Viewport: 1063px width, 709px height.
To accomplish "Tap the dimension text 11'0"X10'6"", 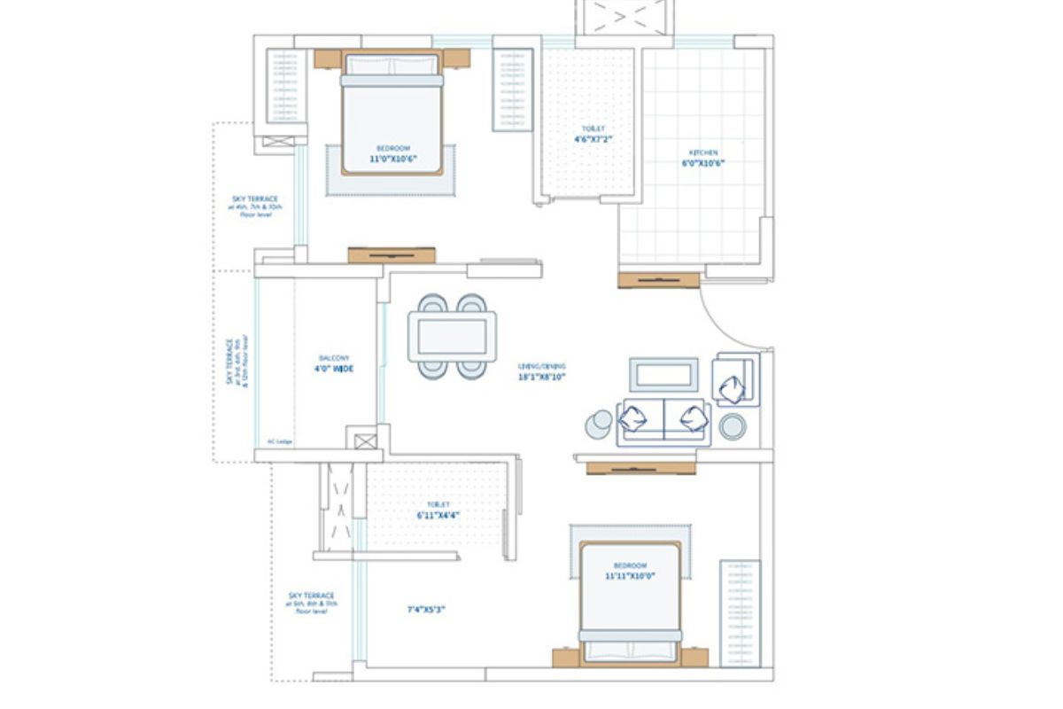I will click(392, 160).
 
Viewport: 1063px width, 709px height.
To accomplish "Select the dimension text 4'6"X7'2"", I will click(593, 139).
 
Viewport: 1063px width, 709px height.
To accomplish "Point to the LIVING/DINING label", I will click(542, 366).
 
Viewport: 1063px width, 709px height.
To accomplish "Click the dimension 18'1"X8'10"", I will click(542, 377).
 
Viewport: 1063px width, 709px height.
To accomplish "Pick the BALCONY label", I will click(333, 358).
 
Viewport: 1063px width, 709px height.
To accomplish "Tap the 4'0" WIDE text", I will click(333, 369).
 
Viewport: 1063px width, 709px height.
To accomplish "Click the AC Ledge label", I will click(279, 441).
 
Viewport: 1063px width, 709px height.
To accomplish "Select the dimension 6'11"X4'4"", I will click(438, 515).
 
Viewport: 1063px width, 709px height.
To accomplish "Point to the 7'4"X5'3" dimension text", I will click(425, 610).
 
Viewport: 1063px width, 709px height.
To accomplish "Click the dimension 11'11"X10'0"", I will click(629, 576).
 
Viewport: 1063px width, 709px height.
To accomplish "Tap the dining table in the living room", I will click(452, 337).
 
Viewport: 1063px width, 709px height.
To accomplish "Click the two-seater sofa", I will click(663, 421).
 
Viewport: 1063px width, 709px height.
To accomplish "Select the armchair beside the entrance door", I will click(735, 381).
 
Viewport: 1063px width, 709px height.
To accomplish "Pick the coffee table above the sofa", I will click(663, 374).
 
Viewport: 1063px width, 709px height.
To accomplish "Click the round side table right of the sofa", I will click(733, 427).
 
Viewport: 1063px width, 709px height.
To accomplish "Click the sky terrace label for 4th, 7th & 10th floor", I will click(255, 206).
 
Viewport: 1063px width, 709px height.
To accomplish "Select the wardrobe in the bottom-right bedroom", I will click(740, 612).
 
